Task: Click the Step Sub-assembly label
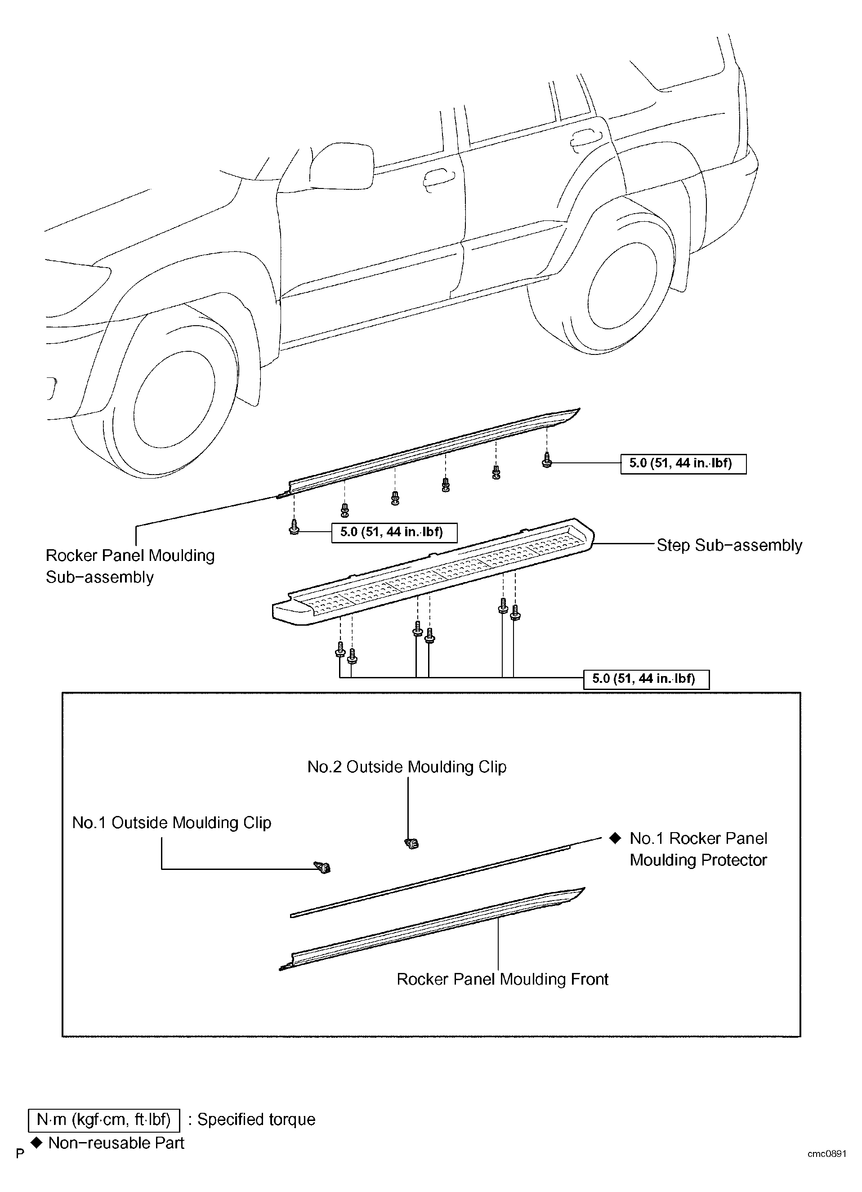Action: (729, 546)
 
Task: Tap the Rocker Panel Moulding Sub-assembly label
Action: (130, 566)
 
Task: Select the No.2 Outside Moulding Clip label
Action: (407, 767)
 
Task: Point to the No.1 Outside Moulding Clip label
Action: (172, 823)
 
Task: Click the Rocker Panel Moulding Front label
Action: (503, 979)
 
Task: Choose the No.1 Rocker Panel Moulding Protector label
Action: (698, 849)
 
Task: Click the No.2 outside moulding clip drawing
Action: (412, 843)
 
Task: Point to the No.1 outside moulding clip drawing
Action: (322, 867)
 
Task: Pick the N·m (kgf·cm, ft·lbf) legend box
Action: (104, 1120)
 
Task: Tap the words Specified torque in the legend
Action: (256, 1120)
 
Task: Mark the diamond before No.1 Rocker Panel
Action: (615, 838)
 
